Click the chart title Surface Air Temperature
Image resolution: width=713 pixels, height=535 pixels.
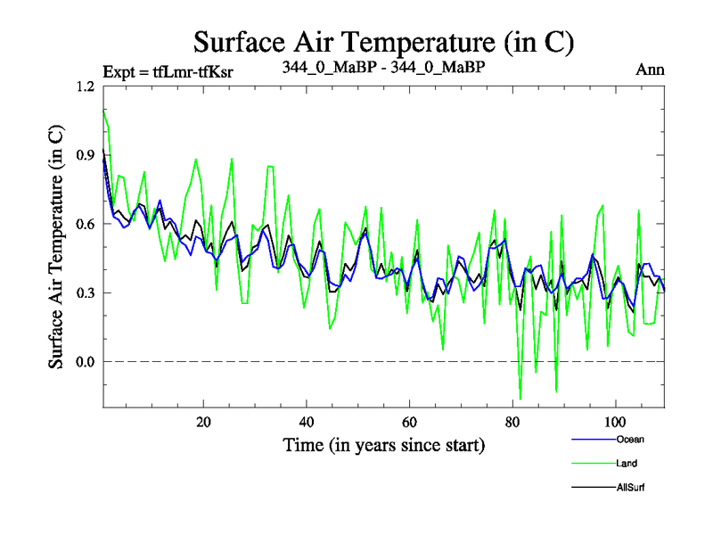(383, 41)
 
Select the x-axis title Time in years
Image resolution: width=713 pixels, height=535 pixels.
(383, 444)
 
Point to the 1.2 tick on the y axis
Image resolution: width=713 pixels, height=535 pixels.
(86, 86)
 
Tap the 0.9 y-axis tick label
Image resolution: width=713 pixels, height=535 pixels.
(86, 155)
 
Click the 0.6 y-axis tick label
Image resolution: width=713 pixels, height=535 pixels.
(86, 224)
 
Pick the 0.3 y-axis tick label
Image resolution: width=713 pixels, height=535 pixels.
(86, 292)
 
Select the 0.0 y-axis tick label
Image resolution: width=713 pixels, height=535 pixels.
(86, 361)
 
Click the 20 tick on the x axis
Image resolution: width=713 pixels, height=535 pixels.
(203, 422)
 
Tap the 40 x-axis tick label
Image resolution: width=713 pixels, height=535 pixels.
(307, 422)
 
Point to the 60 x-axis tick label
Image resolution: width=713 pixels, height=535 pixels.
(410, 422)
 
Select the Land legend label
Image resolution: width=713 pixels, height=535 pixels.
(627, 464)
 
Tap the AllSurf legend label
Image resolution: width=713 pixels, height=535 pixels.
(630, 488)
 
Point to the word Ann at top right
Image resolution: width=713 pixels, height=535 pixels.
(651, 70)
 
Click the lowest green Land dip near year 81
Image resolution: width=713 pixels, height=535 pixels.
(520, 399)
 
